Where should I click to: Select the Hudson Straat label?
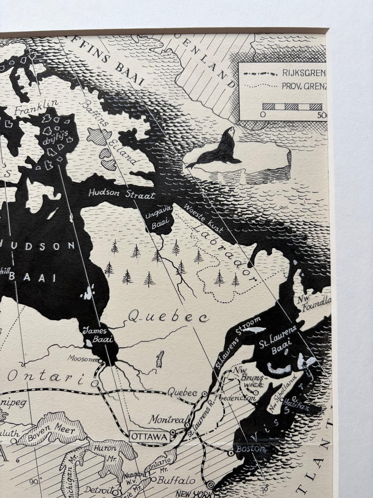pos(122,194)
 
